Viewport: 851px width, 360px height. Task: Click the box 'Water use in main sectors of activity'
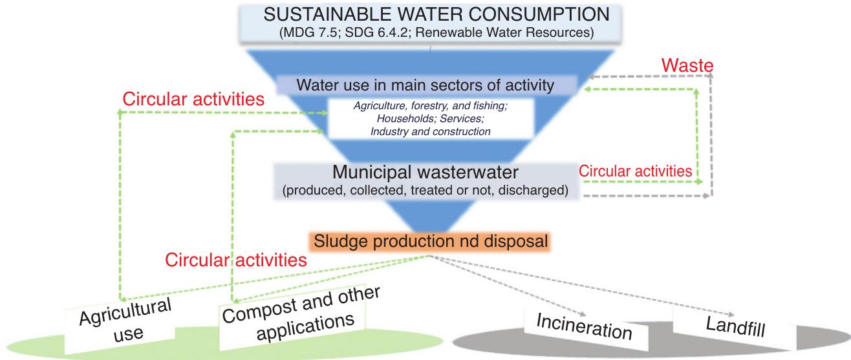click(x=425, y=85)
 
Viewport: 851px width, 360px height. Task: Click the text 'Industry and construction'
click(x=430, y=131)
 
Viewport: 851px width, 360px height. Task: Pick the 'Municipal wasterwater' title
click(x=426, y=173)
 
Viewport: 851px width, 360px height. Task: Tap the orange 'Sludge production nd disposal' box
click(x=431, y=242)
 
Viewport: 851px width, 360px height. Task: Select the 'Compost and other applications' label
click(x=301, y=310)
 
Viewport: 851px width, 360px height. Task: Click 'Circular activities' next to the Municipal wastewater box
click(x=635, y=171)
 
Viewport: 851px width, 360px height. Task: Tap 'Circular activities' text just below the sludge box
click(x=235, y=260)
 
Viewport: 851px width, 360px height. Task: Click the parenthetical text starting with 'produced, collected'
click(x=426, y=192)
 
